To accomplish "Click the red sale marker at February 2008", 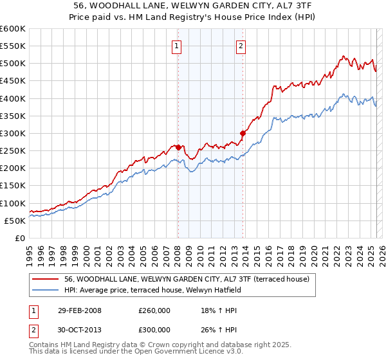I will (178, 147).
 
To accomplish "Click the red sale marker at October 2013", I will (243, 133).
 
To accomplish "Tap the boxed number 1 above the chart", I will (176, 46).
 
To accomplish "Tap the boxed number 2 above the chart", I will (241, 46).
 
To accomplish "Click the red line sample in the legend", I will (46, 279).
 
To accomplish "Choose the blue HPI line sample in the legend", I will (46, 289).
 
